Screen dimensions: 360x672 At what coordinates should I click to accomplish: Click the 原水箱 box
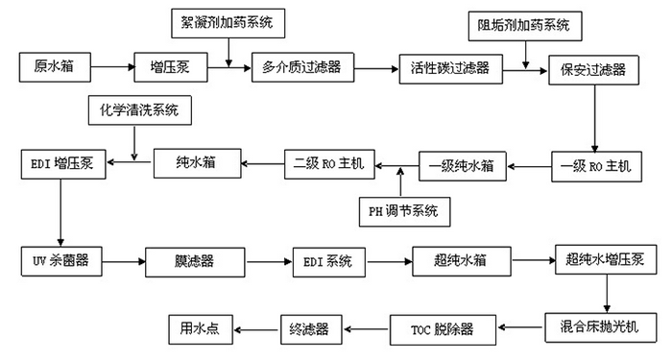point(55,67)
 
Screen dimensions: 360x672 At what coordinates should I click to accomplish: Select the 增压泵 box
point(169,67)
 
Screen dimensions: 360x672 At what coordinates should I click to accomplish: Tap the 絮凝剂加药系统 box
point(227,21)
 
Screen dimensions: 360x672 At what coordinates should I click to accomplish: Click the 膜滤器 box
point(188,261)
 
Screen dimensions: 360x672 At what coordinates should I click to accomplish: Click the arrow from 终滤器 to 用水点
point(257,328)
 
